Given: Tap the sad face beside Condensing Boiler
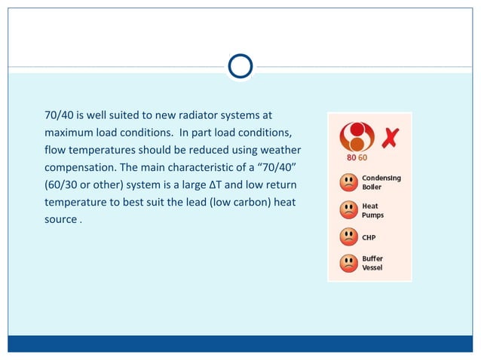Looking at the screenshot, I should pos(348,182).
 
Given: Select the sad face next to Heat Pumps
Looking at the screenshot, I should pos(348,209).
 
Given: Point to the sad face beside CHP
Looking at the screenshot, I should pos(348,236).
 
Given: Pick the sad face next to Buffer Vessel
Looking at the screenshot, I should pos(348,263).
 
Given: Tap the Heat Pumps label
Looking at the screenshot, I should pos(372,210).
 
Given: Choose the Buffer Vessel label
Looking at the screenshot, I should pos(372,263).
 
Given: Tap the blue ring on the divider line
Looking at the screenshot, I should pos(240,67).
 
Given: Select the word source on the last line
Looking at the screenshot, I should pos(61,218).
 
